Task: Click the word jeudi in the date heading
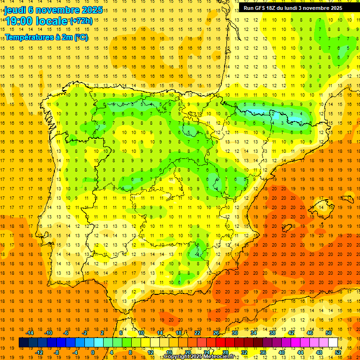point(15,9)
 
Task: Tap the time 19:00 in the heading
point(18,21)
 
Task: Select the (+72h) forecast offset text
point(81,21)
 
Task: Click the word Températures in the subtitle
point(29,37)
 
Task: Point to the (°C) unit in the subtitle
point(80,37)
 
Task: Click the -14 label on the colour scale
point(30,333)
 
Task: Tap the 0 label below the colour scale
point(93,352)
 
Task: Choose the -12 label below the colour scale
point(39,352)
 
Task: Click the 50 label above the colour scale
point(329,333)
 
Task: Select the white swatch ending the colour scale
point(333,343)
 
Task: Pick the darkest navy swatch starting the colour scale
point(23,343)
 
